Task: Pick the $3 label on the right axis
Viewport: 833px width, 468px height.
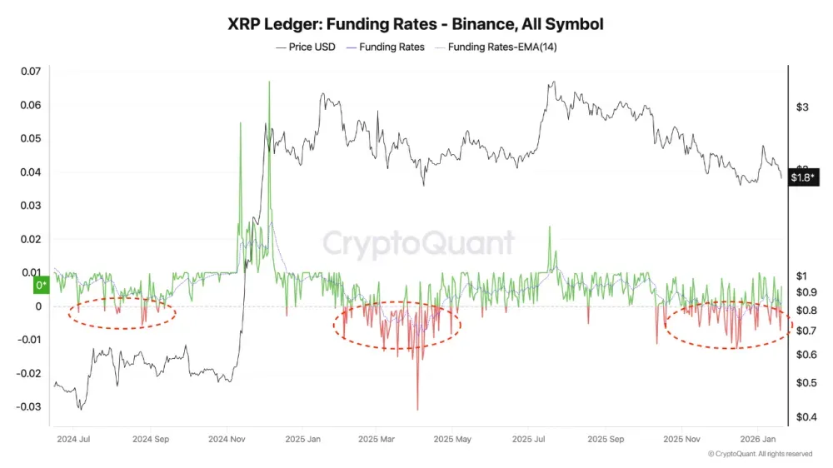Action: coord(802,107)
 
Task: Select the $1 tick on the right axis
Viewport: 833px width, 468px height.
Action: coord(802,276)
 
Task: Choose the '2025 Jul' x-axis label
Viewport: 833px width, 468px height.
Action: coord(533,438)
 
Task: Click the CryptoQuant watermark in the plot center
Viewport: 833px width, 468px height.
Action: coord(418,243)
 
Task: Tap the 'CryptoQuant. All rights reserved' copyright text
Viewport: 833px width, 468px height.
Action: coord(760,454)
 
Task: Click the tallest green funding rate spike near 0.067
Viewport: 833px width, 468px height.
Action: coord(269,82)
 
